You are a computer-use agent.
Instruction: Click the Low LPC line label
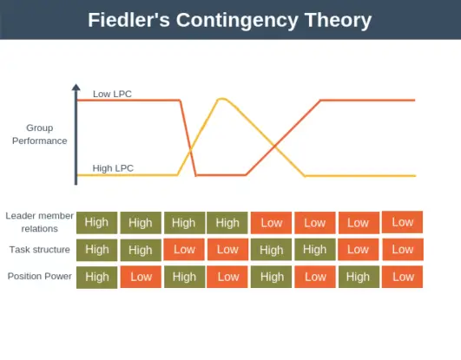point(112,94)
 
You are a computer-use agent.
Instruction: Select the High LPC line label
point(113,168)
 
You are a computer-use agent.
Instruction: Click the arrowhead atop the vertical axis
point(76,88)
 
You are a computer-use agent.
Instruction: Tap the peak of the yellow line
point(223,99)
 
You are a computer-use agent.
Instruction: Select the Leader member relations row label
point(36,222)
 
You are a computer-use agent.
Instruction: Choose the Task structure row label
point(40,250)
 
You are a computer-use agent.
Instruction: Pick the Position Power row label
point(39,277)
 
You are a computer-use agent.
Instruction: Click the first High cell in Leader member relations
point(97,223)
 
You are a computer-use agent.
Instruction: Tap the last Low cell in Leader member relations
point(402,222)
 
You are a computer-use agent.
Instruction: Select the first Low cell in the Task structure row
point(184,250)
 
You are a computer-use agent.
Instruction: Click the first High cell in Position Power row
point(97,278)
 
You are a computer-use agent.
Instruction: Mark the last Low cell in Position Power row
point(402,278)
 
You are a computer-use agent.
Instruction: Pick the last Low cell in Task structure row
point(402,250)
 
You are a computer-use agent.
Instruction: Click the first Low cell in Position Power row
point(141,278)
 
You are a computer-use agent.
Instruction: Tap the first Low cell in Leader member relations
point(272,223)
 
